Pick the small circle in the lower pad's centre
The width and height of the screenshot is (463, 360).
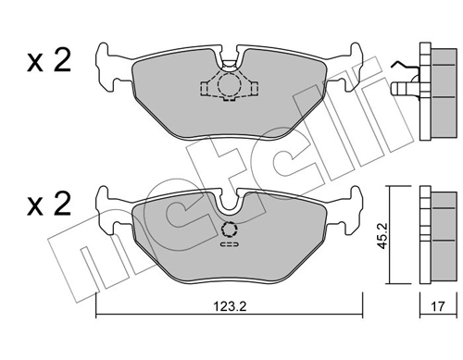click(x=229, y=230)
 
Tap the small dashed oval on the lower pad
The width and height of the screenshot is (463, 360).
click(x=229, y=246)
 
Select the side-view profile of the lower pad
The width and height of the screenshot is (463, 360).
click(x=432, y=236)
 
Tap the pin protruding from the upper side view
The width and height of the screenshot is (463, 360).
click(x=400, y=90)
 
